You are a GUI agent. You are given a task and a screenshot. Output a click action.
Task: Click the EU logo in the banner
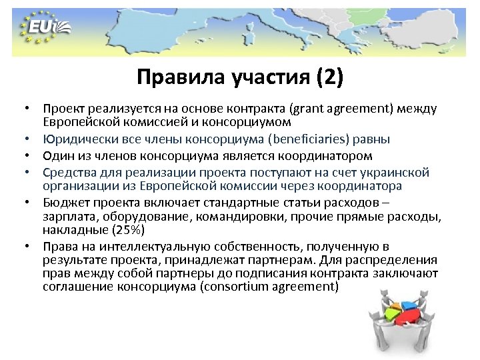click(45, 29)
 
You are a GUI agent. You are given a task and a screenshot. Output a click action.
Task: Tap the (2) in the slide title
click(330, 78)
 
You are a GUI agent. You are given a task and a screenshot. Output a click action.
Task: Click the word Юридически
click(73, 139)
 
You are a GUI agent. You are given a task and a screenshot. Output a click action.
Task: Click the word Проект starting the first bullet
click(62, 108)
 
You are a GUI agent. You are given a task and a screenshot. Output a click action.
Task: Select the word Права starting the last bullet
click(59, 246)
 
